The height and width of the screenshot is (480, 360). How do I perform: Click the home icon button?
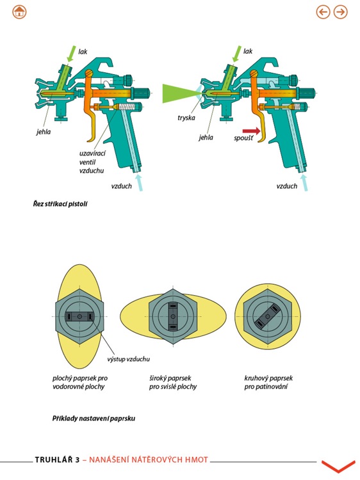click(x=19, y=12)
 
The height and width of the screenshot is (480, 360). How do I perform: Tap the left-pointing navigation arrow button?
click(x=323, y=12)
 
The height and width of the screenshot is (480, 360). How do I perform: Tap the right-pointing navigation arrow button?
click(x=340, y=12)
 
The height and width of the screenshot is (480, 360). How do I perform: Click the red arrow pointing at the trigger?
click(x=251, y=131)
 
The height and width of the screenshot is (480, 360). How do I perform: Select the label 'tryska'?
click(x=186, y=118)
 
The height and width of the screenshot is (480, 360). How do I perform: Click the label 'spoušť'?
click(x=243, y=138)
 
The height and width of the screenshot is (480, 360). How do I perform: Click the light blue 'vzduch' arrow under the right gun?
click(x=304, y=182)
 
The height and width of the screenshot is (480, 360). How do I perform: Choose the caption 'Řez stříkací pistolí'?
click(x=60, y=204)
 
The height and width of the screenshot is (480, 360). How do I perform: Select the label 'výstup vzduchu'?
click(x=128, y=359)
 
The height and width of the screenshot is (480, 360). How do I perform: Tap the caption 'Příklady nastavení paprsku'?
click(x=94, y=418)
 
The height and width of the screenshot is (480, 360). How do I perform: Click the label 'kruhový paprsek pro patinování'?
click(x=268, y=382)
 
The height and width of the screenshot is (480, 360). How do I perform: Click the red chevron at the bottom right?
click(x=338, y=466)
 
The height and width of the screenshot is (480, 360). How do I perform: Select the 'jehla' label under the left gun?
click(x=44, y=132)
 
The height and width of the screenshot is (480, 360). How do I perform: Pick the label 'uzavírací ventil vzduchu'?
click(x=92, y=162)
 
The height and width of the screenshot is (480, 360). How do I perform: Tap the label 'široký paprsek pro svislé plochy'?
click(x=173, y=382)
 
